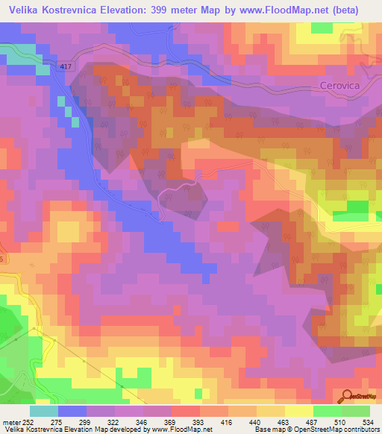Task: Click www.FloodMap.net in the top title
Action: tap(281, 10)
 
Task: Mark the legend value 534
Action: tap(367, 422)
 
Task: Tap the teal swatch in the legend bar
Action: tap(43, 410)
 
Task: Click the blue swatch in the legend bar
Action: tap(72, 410)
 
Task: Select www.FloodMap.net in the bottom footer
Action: tap(180, 430)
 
